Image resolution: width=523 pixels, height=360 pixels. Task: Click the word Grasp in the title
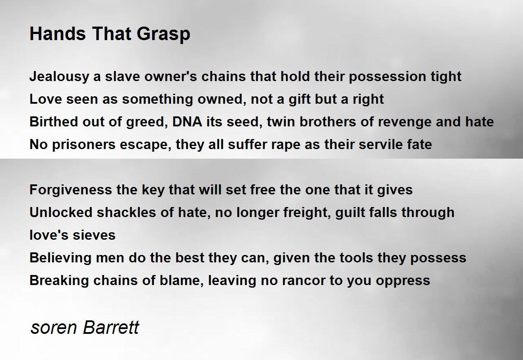tap(163, 34)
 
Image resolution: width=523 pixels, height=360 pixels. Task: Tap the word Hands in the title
tap(58, 34)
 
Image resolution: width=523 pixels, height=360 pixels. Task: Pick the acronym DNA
tap(187, 122)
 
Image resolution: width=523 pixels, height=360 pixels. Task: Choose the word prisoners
tap(84, 145)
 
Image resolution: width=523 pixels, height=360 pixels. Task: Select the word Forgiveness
tap(71, 190)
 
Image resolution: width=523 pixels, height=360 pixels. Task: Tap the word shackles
tap(126, 212)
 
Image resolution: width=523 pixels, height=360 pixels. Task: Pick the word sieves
tap(94, 235)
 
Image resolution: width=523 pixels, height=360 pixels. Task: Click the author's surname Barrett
tap(111, 327)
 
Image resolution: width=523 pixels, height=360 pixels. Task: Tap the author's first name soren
tap(54, 328)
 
